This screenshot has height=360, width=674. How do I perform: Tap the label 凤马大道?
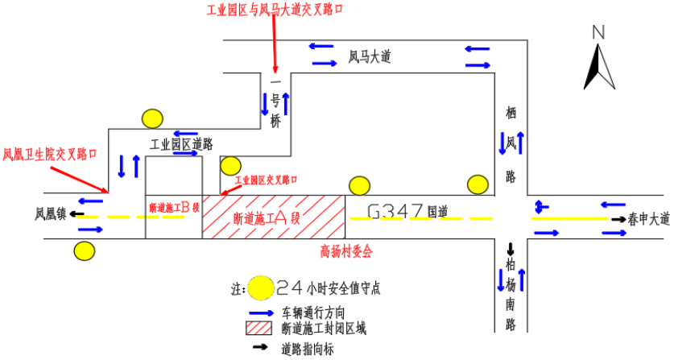click(369, 57)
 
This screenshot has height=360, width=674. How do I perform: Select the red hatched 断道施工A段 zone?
click(273, 217)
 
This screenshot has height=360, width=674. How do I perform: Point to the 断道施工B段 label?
click(174, 207)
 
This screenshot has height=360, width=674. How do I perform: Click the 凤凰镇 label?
click(50, 215)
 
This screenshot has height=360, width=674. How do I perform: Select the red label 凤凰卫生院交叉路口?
click(50, 154)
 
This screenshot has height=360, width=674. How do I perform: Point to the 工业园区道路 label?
click(182, 144)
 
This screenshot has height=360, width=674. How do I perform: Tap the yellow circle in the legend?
click(260, 288)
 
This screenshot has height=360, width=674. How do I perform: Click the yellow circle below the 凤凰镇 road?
click(84, 250)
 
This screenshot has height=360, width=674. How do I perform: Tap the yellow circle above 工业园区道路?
click(152, 118)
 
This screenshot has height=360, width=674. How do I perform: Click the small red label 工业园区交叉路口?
click(266, 180)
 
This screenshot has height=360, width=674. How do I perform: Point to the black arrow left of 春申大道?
click(617, 220)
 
